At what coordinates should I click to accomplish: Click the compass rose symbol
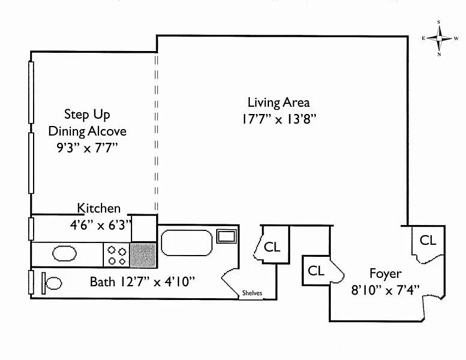click(439, 38)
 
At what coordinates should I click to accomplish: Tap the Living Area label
click(279, 103)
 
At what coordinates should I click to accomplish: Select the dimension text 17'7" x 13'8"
click(279, 119)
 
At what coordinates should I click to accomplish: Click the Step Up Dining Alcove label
click(87, 122)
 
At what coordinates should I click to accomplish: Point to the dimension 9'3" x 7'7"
click(87, 148)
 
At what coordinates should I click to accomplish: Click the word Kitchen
click(98, 208)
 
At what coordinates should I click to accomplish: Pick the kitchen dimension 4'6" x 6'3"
click(100, 225)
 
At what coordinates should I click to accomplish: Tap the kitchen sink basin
click(64, 254)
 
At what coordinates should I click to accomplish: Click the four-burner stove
click(116, 255)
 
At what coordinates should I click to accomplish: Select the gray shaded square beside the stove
click(143, 255)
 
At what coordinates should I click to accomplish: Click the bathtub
click(186, 242)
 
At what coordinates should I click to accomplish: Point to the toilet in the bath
click(52, 283)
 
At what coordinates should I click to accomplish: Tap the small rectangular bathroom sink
click(226, 236)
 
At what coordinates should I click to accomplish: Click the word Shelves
click(252, 293)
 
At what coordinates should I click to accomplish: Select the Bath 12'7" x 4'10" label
click(142, 281)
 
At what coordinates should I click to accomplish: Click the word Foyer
click(385, 274)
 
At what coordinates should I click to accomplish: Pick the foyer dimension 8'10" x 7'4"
click(385, 290)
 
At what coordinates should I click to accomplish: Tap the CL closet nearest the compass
click(428, 240)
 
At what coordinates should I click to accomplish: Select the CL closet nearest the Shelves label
click(272, 247)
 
